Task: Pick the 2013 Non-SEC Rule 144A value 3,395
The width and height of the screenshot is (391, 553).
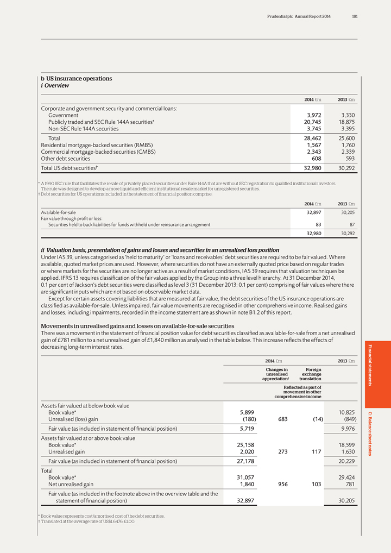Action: pyautogui.click(x=346, y=129)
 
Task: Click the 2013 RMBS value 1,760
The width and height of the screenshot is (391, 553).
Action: pyautogui.click(x=346, y=145)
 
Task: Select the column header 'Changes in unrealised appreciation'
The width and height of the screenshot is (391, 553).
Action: pyautogui.click(x=277, y=374)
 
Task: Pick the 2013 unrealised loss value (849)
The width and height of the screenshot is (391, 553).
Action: pyautogui.click(x=346, y=419)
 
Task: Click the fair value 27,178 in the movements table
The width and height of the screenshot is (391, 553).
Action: pyautogui.click(x=243, y=461)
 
